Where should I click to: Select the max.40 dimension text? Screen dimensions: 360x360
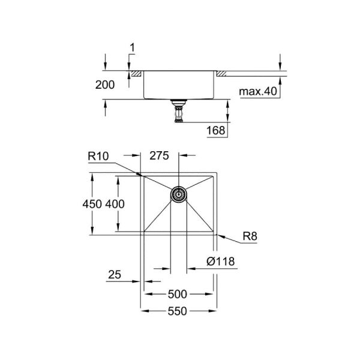click(x=258, y=92)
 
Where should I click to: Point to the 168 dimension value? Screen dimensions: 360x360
click(x=216, y=130)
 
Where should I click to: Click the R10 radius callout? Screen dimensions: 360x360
click(x=98, y=157)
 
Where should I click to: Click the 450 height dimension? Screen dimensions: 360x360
click(x=98, y=204)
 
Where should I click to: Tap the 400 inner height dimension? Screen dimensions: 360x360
click(x=115, y=204)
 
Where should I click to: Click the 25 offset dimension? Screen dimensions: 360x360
click(x=115, y=275)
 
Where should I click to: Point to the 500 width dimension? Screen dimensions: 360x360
click(x=178, y=294)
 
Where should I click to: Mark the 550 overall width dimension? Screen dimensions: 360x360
click(x=178, y=311)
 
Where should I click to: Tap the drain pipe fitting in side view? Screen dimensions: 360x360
click(x=178, y=111)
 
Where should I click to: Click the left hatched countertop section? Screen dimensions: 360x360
click(x=136, y=73)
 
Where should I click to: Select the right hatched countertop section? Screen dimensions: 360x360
click(x=221, y=73)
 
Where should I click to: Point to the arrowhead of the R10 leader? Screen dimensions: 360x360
click(x=140, y=175)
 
